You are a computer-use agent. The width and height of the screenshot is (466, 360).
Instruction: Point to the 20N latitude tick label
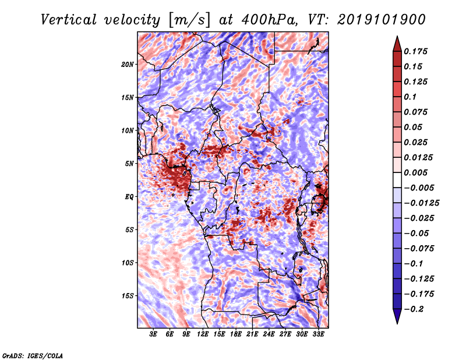point(128,64)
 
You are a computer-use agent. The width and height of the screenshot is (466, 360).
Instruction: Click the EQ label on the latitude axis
point(129,196)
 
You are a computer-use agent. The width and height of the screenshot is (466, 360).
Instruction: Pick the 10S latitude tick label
point(128,263)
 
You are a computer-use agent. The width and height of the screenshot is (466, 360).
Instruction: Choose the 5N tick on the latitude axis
point(129,163)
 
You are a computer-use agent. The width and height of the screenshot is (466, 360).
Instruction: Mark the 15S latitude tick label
point(128,295)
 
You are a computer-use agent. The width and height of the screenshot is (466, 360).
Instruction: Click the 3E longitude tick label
point(154,334)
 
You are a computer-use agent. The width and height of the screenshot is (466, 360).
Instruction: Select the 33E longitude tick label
point(318,334)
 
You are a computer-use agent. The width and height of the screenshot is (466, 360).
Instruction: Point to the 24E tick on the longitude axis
point(269,334)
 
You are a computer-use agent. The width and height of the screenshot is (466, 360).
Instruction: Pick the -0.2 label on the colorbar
point(418,309)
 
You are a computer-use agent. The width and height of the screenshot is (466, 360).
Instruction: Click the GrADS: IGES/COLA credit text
point(33,355)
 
